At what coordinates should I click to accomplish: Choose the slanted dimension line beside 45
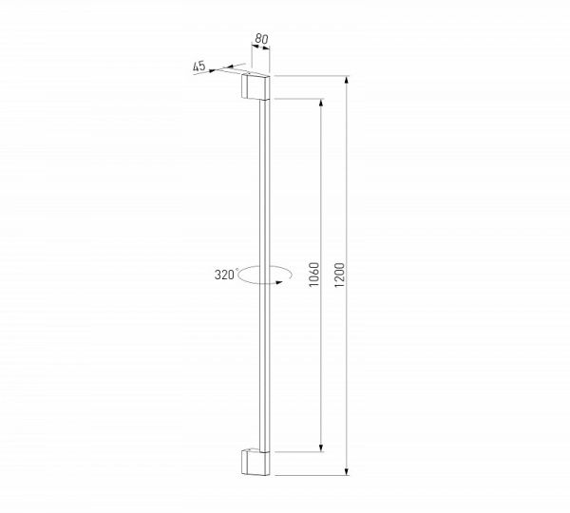coord(223,68)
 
